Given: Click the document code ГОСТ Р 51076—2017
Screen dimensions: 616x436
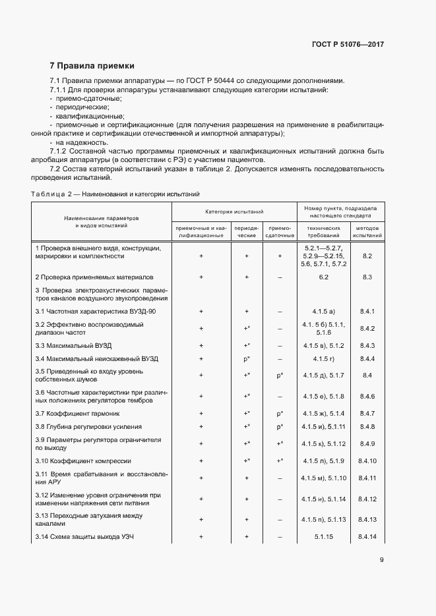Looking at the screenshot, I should pos(348,44).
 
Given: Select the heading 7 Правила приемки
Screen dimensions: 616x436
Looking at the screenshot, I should pos(92,66).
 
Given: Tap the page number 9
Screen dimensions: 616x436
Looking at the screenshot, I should pos(381,560).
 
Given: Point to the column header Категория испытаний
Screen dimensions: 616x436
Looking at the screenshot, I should pos(234,212).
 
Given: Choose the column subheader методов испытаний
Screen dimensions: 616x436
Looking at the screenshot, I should pos(367,231).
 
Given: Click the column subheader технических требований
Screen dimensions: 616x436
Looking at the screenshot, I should pos(324,231).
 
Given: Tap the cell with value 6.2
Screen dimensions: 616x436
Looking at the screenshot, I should pos(324,277).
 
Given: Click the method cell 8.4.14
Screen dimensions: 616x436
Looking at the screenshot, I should pos(367,537).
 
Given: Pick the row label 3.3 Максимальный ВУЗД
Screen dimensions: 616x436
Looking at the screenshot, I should pos(73,345).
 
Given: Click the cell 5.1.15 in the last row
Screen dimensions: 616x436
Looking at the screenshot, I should pos(324,537).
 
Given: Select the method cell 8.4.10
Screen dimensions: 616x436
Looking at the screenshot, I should pos(367,461).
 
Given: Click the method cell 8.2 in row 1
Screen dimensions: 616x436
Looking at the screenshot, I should pos(367,256).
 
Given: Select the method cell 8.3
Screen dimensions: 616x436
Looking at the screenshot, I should pos(367,277).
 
